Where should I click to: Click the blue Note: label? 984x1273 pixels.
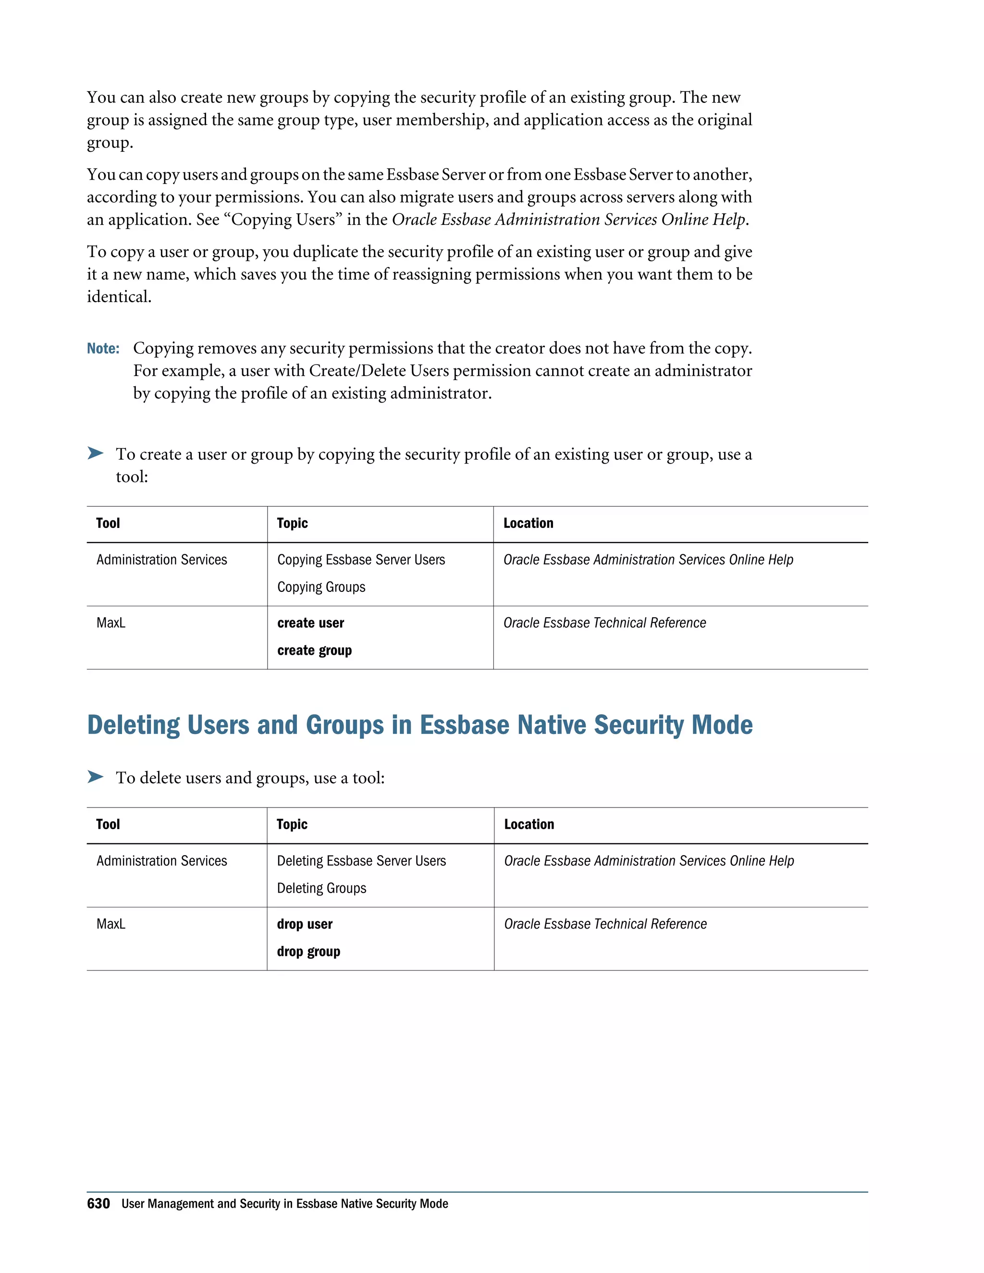tap(103, 349)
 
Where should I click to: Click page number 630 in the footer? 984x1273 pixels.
tap(98, 1203)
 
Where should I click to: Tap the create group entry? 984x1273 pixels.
tap(314, 650)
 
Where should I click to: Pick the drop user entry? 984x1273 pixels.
tap(304, 924)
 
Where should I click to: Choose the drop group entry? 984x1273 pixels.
tap(308, 951)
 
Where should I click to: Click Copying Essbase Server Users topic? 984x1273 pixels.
tap(361, 560)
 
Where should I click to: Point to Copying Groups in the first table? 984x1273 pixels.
tap(321, 587)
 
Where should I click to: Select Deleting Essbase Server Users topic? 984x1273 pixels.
tap(361, 861)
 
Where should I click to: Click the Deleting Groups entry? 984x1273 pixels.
tap(321, 888)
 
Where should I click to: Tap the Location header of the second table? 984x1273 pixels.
tap(529, 824)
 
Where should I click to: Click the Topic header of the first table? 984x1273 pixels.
tap(292, 523)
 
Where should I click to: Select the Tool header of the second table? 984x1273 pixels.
tap(108, 824)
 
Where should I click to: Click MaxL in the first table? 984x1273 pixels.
tap(111, 623)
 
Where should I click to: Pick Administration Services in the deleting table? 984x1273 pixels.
tap(161, 861)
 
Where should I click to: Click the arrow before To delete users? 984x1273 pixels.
tap(95, 776)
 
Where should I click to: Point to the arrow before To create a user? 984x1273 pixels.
tap(95, 453)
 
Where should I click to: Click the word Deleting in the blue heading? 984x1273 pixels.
tap(134, 725)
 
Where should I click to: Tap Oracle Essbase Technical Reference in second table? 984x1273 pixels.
tap(605, 924)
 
